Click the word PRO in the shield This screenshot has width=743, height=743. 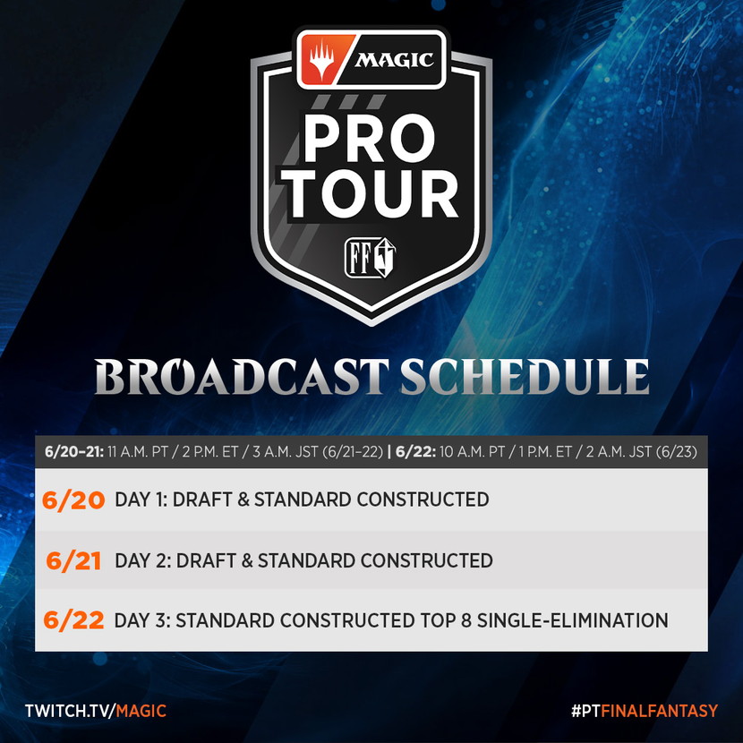pyautogui.click(x=369, y=139)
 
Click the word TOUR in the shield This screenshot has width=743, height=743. pyautogui.click(x=371, y=194)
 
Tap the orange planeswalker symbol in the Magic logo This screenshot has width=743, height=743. pyautogui.click(x=322, y=60)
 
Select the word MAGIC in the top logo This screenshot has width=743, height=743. pyautogui.click(x=394, y=60)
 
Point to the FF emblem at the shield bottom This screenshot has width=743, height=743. pyautogui.click(x=370, y=257)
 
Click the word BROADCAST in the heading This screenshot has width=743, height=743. pyautogui.click(x=242, y=376)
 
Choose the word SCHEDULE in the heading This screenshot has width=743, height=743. pyautogui.click(x=525, y=376)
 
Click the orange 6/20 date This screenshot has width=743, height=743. pyautogui.click(x=73, y=500)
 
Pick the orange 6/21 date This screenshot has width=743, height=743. pyautogui.click(x=73, y=561)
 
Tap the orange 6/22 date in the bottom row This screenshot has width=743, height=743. pyautogui.click(x=73, y=620)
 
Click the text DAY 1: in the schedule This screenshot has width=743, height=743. pyautogui.click(x=141, y=500)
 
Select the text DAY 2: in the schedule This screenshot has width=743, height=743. pyautogui.click(x=143, y=561)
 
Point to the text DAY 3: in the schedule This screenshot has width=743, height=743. pyautogui.click(x=142, y=620)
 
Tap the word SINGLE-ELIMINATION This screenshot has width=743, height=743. pyautogui.click(x=573, y=620)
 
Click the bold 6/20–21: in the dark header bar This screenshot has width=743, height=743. pyautogui.click(x=74, y=451)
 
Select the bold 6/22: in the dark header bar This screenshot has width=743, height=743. pyautogui.click(x=415, y=451)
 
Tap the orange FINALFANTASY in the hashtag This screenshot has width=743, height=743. pyautogui.click(x=660, y=711)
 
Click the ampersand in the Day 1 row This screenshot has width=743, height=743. pyautogui.click(x=243, y=500)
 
